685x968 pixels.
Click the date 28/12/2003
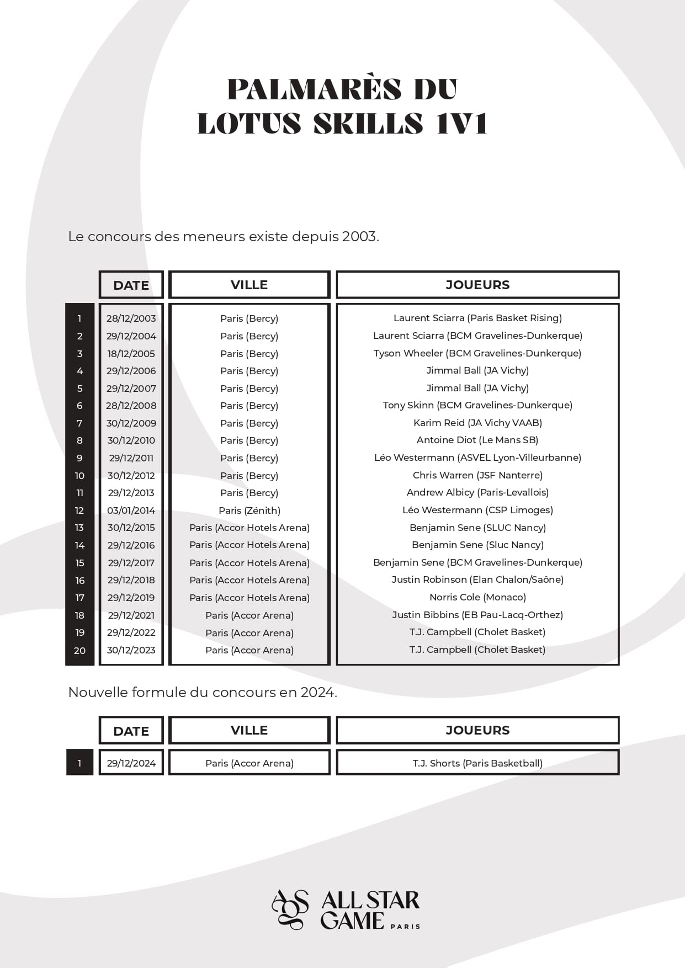131,318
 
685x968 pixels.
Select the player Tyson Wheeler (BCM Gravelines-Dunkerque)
477,353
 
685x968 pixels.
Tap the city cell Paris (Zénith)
249,510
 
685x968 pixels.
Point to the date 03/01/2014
131,510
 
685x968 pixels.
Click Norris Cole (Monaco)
477,597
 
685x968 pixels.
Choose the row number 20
80,650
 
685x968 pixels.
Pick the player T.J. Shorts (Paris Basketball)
477,763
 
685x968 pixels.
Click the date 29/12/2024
131,763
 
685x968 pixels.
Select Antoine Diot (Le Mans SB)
477,440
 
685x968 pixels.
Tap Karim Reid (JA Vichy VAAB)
477,423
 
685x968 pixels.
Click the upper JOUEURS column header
477,285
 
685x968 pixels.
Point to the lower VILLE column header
249,730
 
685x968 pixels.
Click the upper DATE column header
131,285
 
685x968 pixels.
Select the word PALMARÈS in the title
315,89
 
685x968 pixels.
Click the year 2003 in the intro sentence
359,237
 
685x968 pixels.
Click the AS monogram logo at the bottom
290,909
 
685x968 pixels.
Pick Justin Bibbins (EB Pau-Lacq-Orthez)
477,615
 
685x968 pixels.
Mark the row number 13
80,528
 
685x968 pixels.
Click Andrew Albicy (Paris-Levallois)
477,492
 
